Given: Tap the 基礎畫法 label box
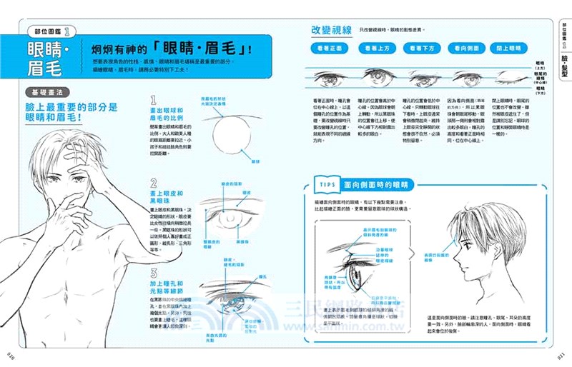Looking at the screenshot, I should coord(46,93).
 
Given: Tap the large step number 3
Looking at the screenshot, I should coord(154,273).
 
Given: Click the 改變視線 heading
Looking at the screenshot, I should coord(331,30).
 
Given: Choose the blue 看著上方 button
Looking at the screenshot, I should coord(378,49).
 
